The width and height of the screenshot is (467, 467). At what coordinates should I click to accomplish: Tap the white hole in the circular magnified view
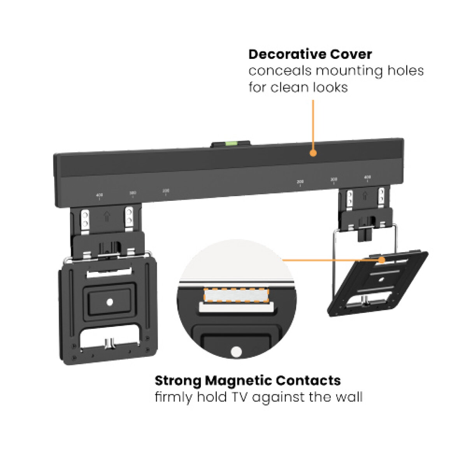pyautogui.click(x=236, y=352)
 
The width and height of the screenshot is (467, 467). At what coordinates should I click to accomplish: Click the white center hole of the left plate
pyautogui.click(x=109, y=302)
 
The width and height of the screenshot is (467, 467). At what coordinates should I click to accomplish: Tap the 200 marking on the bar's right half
pyautogui.click(x=300, y=182)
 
